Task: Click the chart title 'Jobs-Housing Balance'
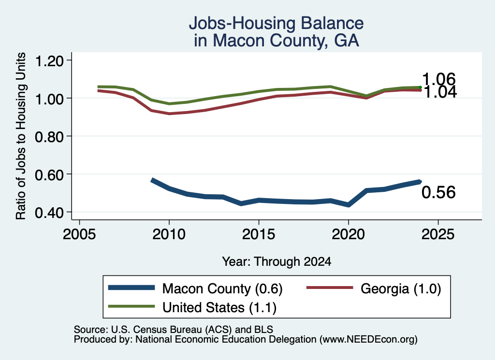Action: [x=276, y=24]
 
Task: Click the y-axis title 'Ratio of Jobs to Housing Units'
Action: [x=21, y=136]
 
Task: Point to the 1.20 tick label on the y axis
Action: [x=49, y=60]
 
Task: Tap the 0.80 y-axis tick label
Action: [x=49, y=137]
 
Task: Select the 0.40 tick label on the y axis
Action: [x=49, y=213]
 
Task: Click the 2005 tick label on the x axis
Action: [x=79, y=234]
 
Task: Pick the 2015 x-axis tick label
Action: [x=259, y=234]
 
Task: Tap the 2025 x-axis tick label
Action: [x=438, y=234]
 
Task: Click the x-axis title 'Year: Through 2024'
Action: [x=277, y=261]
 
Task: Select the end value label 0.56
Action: [x=438, y=192]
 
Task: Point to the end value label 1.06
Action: [x=438, y=79]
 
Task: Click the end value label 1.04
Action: [x=440, y=92]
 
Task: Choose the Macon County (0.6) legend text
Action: [x=222, y=288]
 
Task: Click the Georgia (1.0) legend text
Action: [x=401, y=288]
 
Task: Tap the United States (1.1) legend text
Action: [x=219, y=307]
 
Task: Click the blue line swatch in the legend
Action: [x=131, y=288]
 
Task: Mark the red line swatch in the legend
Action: [x=330, y=288]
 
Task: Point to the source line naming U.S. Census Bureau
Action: [x=174, y=330]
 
